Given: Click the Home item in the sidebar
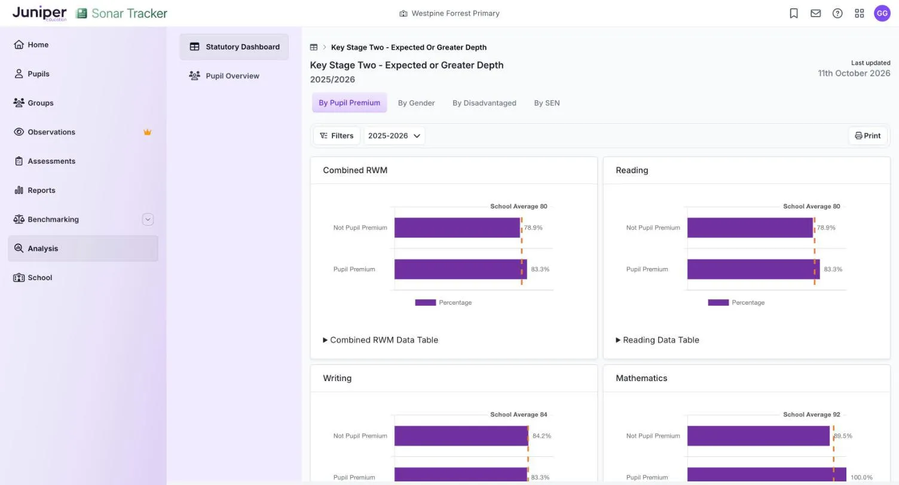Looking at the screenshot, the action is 31,45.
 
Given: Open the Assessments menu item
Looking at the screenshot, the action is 44,161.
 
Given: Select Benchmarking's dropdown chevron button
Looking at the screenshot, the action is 148,219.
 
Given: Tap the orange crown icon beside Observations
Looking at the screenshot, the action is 147,132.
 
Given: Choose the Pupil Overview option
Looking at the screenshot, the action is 224,76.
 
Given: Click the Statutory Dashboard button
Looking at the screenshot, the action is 234,47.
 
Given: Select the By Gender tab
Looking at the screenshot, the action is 416,103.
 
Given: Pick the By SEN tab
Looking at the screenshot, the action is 546,103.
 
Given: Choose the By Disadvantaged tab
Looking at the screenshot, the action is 484,103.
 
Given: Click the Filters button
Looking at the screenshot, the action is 337,136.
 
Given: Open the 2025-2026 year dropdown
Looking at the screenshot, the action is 394,136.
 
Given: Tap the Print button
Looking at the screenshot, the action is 868,136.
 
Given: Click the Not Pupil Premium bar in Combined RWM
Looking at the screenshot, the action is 457,228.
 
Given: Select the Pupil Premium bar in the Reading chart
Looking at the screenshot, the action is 753,269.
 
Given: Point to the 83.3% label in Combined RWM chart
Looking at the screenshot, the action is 540,269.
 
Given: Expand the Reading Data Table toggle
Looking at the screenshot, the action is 658,340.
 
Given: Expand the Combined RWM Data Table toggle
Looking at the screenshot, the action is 381,340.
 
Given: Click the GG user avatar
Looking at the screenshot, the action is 882,13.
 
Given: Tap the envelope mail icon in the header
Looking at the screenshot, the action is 815,13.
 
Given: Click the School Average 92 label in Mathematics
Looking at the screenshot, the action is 812,415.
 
